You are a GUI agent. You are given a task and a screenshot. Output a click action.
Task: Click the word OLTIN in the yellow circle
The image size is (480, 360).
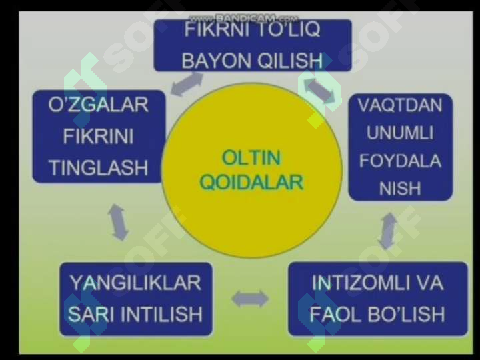(251, 158)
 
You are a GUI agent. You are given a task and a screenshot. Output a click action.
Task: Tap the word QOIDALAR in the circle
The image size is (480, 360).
(251, 183)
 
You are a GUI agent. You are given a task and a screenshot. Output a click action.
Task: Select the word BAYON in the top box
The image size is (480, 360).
(216, 61)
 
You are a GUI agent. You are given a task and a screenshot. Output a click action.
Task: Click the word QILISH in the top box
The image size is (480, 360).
(290, 61)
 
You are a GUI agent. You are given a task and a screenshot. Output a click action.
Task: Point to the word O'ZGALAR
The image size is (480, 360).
(98, 105)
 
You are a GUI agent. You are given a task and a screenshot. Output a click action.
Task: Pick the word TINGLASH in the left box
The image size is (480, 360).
(98, 168)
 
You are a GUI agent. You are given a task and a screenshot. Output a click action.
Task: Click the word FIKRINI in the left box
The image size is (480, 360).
(98, 136)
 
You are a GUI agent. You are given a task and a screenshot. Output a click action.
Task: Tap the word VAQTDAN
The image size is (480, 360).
(400, 105)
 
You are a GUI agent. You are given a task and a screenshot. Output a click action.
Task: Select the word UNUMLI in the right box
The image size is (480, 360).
(400, 133)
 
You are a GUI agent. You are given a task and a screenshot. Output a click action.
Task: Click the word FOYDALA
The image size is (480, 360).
(400, 161)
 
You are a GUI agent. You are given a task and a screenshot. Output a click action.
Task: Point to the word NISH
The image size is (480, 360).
(400, 188)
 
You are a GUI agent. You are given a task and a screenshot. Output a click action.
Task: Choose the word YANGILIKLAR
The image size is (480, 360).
(135, 283)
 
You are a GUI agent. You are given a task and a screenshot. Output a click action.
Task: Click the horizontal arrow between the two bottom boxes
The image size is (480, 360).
(250, 299)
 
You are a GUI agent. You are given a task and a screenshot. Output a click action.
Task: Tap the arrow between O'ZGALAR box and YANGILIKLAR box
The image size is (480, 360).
(118, 222)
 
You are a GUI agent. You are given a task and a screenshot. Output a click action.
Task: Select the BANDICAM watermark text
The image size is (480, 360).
(244, 19)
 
